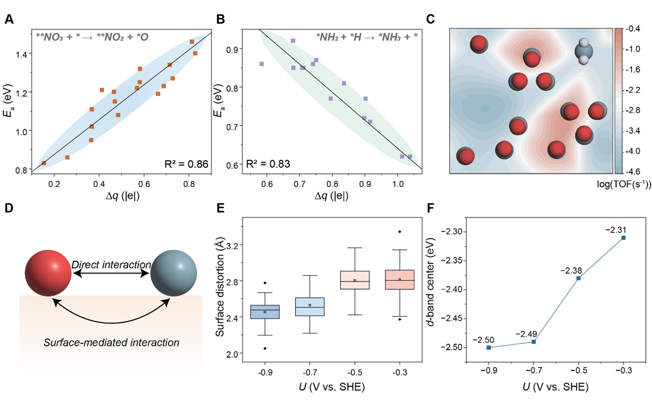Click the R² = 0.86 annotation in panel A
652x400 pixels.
click(186, 164)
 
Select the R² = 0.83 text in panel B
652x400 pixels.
click(268, 164)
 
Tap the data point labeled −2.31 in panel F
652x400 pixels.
click(624, 238)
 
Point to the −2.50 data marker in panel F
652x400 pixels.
click(489, 348)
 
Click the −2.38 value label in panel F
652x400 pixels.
click(571, 271)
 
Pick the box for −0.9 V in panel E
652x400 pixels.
click(265, 312)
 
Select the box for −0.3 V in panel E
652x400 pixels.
click(399, 280)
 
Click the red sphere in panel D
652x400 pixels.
click(48, 273)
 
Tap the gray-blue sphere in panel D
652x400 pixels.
click(174, 273)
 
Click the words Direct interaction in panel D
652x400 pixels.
click(111, 265)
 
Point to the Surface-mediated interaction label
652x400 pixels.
click(111, 342)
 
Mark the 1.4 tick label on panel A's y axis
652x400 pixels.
click(21, 54)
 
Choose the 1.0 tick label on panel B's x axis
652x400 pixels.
click(398, 184)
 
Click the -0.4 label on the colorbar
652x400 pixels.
click(633, 29)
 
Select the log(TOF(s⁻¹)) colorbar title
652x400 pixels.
click(624, 185)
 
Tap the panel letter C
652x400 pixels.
click(430, 19)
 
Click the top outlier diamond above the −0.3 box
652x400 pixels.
click(399, 232)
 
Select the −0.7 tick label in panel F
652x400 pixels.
click(533, 371)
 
